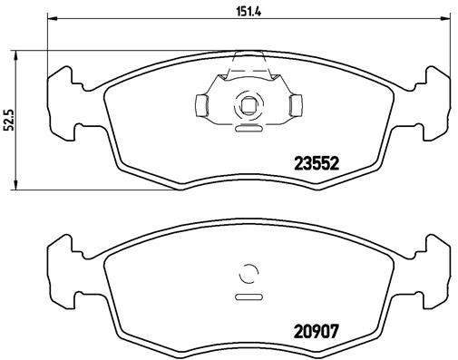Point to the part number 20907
click(316, 332)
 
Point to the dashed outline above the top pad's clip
click(248, 60)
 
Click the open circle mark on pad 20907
click(248, 273)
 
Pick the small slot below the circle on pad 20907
click(248, 296)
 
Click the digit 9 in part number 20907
click(316, 332)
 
